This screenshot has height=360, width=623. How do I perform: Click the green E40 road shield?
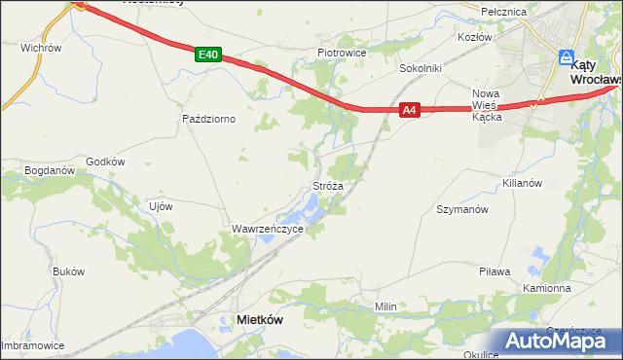tap(206, 55)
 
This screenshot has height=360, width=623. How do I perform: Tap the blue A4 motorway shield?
tap(410, 111)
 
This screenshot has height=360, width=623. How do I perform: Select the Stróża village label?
tap(326, 185)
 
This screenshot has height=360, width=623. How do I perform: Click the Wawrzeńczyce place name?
tap(267, 229)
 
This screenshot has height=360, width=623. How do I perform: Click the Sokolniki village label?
tap(421, 69)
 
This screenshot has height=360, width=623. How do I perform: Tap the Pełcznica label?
tap(505, 12)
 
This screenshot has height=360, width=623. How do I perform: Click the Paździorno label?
tap(209, 119)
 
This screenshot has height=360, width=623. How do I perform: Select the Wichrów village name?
tap(41, 47)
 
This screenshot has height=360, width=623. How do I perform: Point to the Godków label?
tap(106, 162)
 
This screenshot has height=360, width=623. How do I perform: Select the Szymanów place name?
tap(461, 209)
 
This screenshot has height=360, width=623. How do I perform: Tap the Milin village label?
tap(386, 306)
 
